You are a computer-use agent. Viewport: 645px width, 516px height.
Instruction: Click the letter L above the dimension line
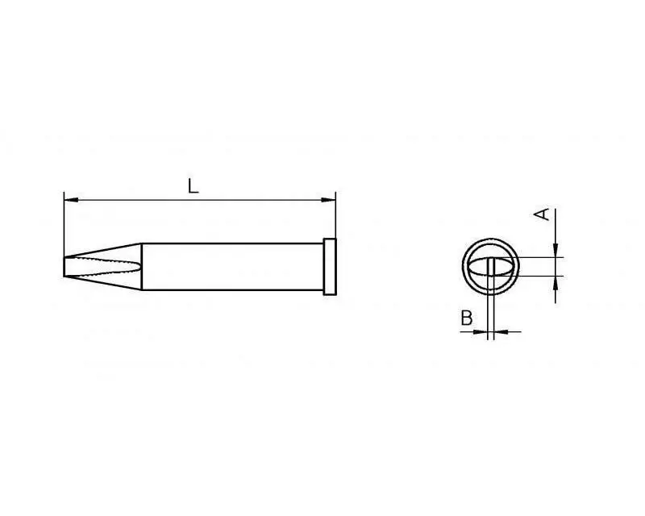click(193, 186)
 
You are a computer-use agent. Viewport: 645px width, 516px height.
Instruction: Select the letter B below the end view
click(467, 318)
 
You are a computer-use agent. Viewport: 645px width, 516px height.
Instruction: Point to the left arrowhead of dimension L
click(71, 201)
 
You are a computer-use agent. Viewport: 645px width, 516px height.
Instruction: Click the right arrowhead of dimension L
click(329, 201)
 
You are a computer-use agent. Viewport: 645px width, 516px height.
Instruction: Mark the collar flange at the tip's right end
click(330, 267)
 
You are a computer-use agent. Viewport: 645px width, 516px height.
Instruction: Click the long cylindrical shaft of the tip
click(233, 267)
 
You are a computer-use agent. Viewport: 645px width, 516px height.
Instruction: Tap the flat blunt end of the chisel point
click(64, 267)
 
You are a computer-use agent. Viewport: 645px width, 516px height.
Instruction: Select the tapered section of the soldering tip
click(103, 267)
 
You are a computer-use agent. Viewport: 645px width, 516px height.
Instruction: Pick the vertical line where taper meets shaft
click(142, 267)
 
